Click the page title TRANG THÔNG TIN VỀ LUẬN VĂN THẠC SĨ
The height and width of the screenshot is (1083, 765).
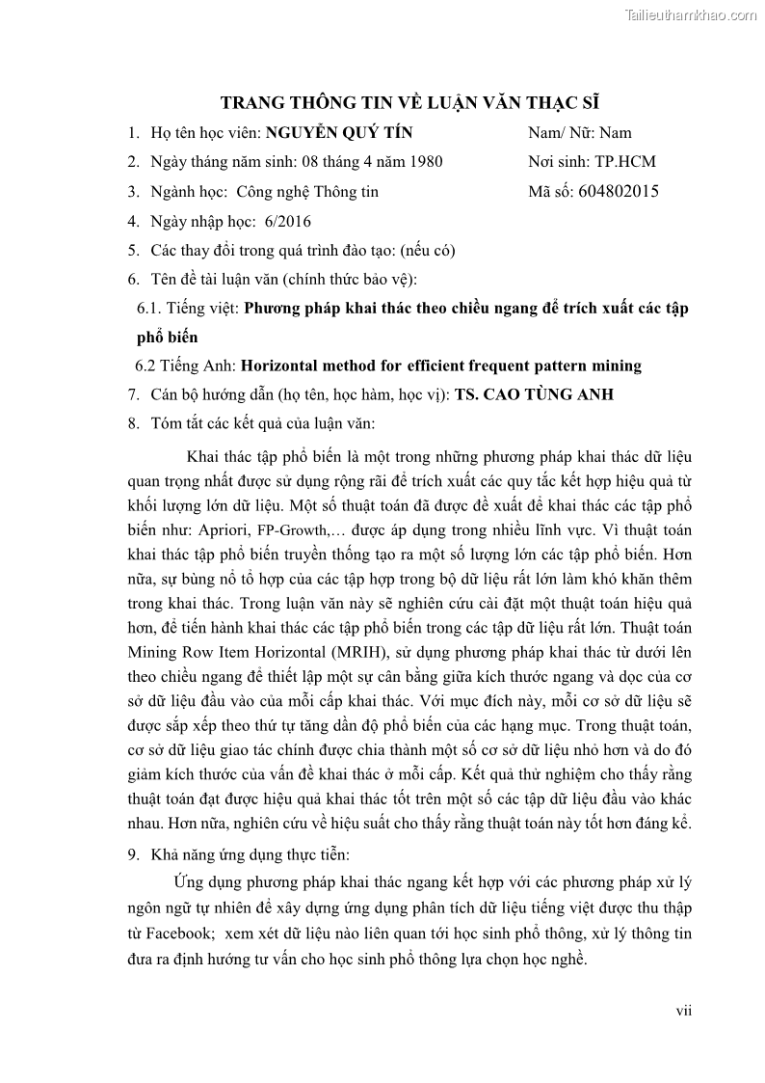(410, 103)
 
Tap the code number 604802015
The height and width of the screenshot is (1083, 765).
(620, 191)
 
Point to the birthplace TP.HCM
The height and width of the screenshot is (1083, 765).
(626, 162)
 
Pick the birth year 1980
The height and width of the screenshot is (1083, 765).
(426, 162)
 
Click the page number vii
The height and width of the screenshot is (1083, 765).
(683, 1011)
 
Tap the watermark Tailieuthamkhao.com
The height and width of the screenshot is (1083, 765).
(691, 14)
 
